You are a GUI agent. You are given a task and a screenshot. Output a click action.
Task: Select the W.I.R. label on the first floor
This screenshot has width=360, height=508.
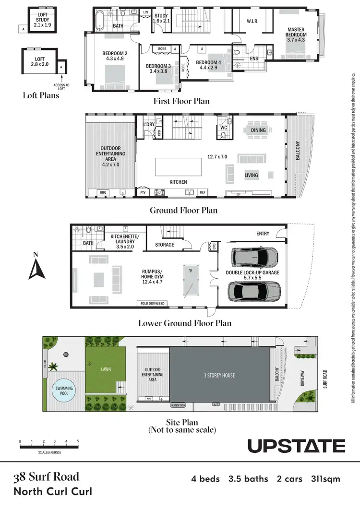(252, 21)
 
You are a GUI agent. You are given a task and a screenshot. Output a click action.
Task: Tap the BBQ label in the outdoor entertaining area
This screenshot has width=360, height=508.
(103, 192)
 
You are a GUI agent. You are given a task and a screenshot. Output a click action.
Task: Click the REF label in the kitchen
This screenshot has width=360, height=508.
(203, 192)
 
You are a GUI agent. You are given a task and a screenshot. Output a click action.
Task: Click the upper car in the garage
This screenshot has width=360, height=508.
(255, 257)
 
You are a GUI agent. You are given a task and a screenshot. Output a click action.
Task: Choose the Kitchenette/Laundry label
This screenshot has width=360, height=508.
(124, 239)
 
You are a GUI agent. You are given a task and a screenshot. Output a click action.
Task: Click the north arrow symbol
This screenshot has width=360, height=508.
(36, 268)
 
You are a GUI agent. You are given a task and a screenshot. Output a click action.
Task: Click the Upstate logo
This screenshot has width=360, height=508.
(296, 446)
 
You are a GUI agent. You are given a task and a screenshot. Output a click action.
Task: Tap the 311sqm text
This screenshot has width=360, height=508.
(326, 478)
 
